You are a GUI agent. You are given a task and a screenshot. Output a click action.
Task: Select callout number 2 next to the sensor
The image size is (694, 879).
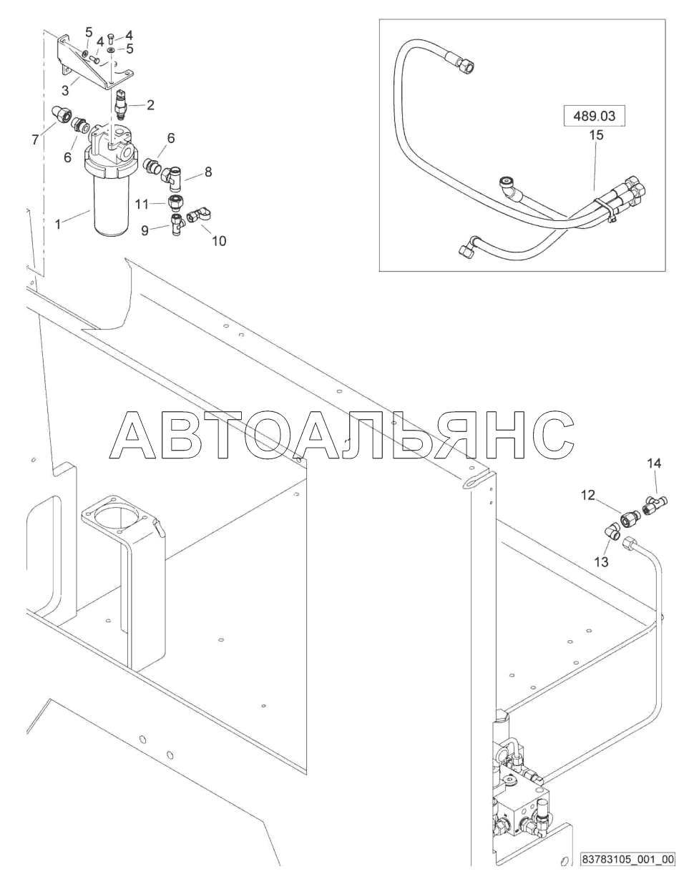click(x=150, y=105)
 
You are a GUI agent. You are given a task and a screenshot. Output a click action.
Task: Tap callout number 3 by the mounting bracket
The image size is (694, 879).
click(x=65, y=92)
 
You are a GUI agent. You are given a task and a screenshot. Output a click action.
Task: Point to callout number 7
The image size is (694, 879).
click(x=34, y=140)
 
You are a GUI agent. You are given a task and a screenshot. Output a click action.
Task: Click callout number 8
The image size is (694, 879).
click(x=208, y=172)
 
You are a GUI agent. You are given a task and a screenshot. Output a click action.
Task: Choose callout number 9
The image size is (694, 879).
click(x=145, y=230)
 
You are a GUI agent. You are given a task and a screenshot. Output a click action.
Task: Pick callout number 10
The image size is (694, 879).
click(x=219, y=241)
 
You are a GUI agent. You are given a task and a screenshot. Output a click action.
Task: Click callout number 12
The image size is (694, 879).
click(x=587, y=494)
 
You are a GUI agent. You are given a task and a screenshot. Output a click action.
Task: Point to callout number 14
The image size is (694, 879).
click(x=654, y=463)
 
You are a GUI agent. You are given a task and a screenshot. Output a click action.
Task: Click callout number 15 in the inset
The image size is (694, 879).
click(x=596, y=134)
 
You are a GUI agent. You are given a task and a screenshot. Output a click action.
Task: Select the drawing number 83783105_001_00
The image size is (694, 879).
click(x=627, y=859)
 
